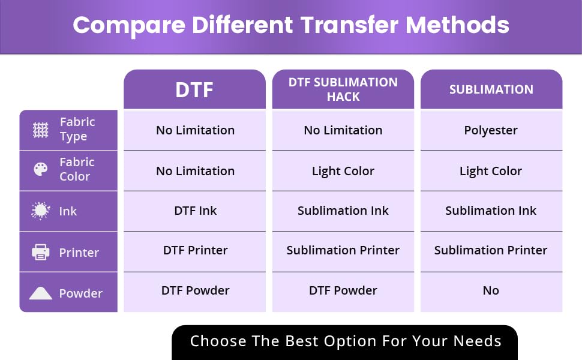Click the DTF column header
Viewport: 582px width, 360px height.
pos(194,90)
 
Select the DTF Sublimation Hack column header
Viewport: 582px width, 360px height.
pos(343,89)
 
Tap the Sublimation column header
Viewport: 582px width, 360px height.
pos(491,89)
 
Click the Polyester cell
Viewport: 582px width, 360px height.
pos(491,131)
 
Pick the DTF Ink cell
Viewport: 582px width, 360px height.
pos(195,211)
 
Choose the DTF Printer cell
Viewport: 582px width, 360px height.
pos(195,250)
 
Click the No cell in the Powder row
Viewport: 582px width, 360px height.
pos(491,290)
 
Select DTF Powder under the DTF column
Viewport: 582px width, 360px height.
pos(195,290)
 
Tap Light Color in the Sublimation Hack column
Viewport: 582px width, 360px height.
pos(343,171)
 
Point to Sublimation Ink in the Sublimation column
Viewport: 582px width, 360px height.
pos(491,211)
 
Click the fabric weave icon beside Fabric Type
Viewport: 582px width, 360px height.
pos(40,130)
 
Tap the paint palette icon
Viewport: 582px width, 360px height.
pos(40,169)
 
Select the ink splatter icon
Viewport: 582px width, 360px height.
pos(40,211)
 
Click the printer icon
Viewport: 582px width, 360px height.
pos(40,253)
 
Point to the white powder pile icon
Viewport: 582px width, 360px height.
pos(40,293)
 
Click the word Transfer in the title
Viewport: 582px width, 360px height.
pos(349,25)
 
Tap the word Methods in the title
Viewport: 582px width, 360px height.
pos(457,25)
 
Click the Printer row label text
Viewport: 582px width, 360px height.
pos(79,253)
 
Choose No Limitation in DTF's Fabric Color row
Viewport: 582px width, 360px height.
pos(195,171)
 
